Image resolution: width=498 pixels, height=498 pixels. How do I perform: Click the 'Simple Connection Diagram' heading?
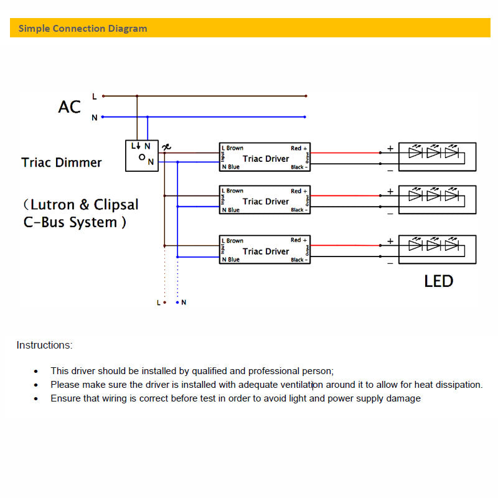coord(83,29)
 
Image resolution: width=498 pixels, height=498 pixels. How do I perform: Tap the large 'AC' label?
coord(70,107)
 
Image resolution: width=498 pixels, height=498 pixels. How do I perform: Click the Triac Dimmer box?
coord(142,155)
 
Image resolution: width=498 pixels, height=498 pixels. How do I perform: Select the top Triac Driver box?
coord(265,157)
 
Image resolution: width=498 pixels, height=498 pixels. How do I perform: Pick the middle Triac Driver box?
coord(265,200)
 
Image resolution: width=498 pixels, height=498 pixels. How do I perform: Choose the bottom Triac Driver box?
coord(265,250)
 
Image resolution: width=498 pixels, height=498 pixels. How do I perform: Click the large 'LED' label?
coord(438,281)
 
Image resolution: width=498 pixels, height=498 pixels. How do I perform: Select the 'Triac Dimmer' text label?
coord(61,162)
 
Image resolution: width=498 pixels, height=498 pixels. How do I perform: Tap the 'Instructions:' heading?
coord(44,345)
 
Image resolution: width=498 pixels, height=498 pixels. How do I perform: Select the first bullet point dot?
coord(35,371)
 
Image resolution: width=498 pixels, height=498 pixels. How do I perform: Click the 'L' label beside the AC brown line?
coord(94,96)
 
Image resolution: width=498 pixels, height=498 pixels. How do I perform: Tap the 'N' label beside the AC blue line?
coord(94,118)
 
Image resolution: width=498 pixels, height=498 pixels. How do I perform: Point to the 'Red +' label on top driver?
coord(299,148)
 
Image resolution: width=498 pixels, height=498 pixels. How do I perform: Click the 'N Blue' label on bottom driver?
coord(230,260)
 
